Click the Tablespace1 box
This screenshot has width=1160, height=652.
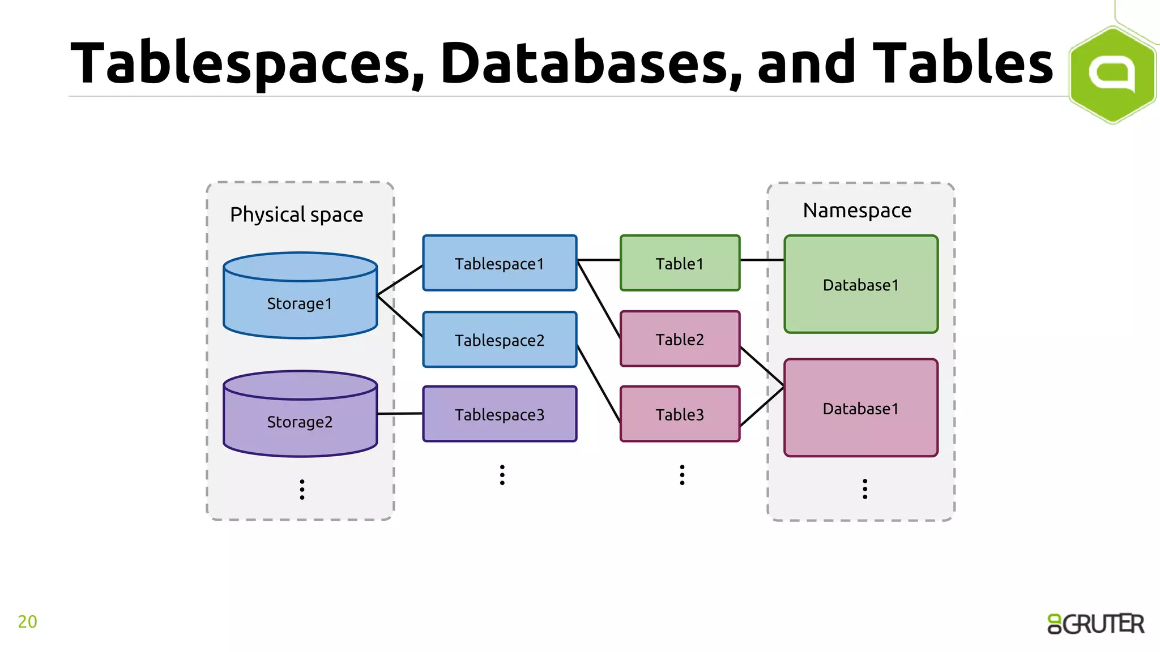pyautogui.click(x=500, y=263)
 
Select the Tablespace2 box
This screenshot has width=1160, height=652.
pyautogui.click(x=500, y=340)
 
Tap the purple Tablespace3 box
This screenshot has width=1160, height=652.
pyautogui.click(x=500, y=414)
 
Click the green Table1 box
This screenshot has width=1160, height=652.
pyautogui.click(x=680, y=263)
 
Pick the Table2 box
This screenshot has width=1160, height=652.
pyautogui.click(x=680, y=339)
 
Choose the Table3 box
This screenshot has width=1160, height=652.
pyautogui.click(x=680, y=414)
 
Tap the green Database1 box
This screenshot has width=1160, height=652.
pyautogui.click(x=860, y=285)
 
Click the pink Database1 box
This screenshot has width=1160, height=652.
pyautogui.click(x=860, y=408)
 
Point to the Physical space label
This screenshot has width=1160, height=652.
pyautogui.click(x=296, y=215)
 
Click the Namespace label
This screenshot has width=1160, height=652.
pyautogui.click(x=857, y=211)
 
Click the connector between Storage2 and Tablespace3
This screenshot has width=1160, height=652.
pyautogui.click(x=400, y=414)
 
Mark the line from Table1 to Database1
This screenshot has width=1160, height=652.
pyautogui.click(x=762, y=260)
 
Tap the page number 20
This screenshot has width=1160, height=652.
pyautogui.click(x=27, y=621)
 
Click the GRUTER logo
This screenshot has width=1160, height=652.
pyautogui.click(x=1095, y=624)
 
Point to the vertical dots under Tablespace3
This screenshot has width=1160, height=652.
pyautogui.click(x=502, y=475)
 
